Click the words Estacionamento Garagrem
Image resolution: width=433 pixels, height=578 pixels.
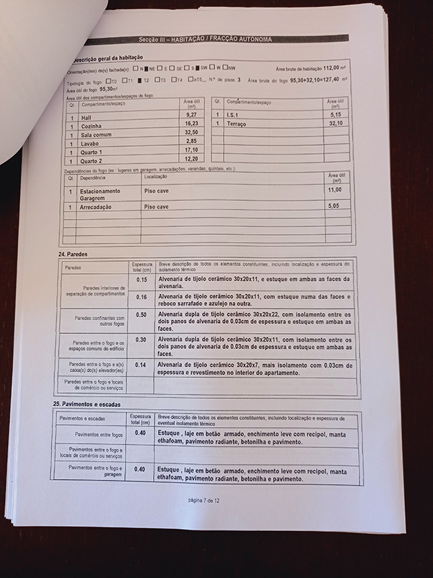click(100, 193)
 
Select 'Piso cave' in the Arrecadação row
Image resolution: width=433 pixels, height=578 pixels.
click(157, 207)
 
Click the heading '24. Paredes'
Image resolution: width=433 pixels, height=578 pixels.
click(71, 256)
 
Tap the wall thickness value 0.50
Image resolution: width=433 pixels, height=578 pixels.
click(141, 315)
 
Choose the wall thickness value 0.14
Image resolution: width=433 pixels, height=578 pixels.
click(141, 365)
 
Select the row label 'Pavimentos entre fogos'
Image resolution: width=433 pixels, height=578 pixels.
click(99, 435)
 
